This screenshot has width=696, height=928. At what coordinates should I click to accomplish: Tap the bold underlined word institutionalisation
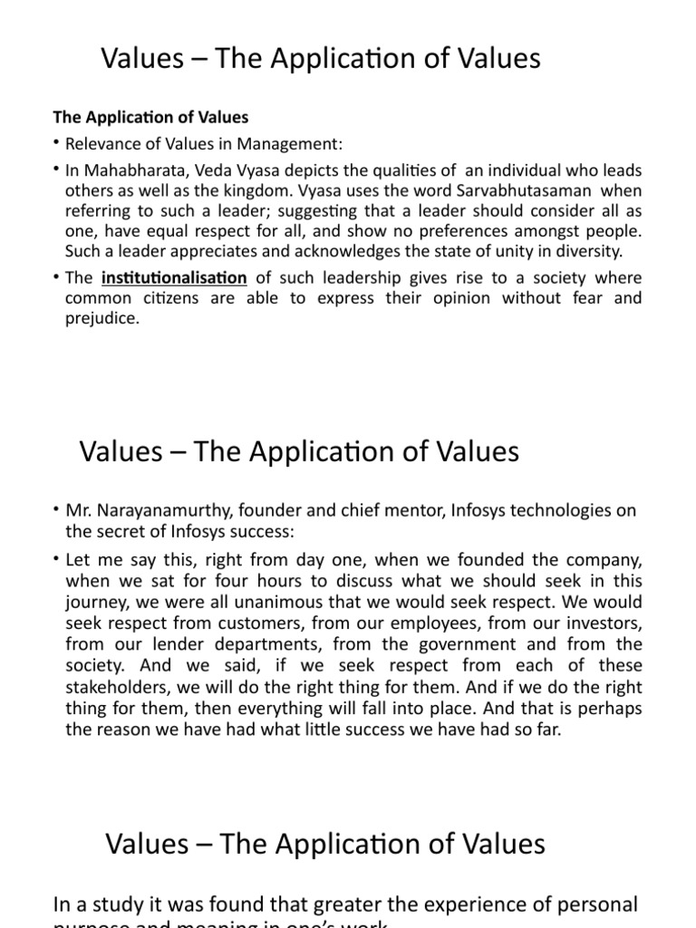174,278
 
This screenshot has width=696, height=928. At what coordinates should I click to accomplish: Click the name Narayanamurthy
155,511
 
